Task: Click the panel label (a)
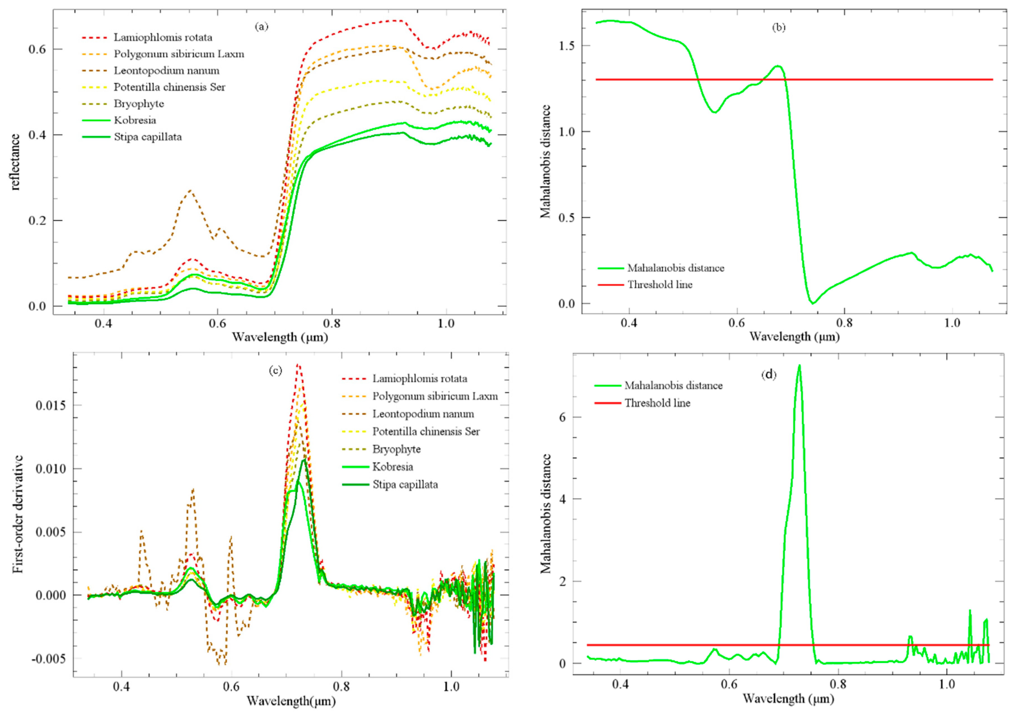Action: click(x=261, y=27)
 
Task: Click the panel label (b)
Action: click(x=778, y=27)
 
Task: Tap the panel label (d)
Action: click(x=769, y=375)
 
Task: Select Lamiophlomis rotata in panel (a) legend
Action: click(x=163, y=38)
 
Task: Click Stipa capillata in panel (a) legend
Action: click(x=148, y=137)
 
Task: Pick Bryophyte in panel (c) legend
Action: click(x=396, y=449)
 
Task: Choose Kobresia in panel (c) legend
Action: click(x=393, y=467)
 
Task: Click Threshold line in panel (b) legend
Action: click(x=659, y=285)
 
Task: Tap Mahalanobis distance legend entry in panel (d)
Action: click(x=673, y=386)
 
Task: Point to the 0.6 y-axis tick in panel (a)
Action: click(x=38, y=49)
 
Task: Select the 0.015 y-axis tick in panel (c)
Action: click(x=51, y=405)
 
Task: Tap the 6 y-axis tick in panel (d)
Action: click(x=563, y=417)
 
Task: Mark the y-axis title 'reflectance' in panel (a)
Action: click(x=15, y=162)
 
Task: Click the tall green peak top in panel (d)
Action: click(x=799, y=365)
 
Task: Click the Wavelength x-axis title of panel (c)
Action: click(x=291, y=701)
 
